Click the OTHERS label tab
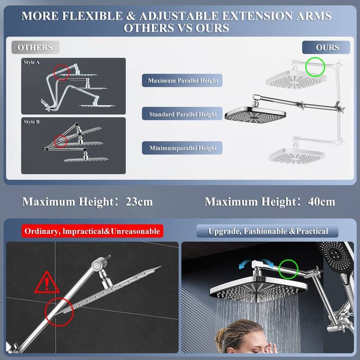pyautogui.click(x=35, y=47)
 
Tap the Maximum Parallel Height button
pyautogui.click(x=183, y=81)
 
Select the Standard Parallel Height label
pyautogui.click(x=183, y=114)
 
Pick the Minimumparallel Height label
pyautogui.click(x=183, y=148)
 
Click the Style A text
pyautogui.click(x=32, y=63)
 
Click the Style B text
pyautogui.click(x=32, y=121)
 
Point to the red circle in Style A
pyautogui.click(x=62, y=71)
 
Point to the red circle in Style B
pyautogui.click(x=60, y=141)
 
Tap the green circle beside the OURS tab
pyautogui.click(x=315, y=67)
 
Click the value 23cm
pyautogui.click(x=138, y=201)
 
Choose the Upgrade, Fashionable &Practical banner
pyautogui.click(x=268, y=231)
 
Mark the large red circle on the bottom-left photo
pyautogui.click(x=59, y=311)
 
